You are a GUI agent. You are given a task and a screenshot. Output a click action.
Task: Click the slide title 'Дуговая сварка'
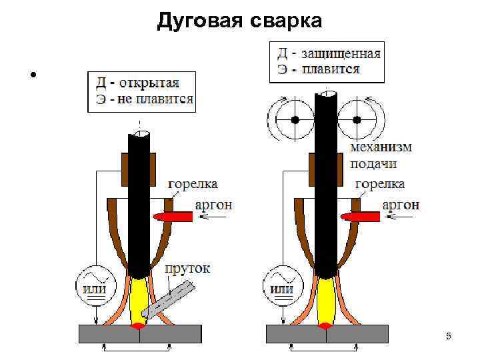pyautogui.click(x=239, y=21)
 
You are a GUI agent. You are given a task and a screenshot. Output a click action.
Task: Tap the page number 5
pyautogui.click(x=449, y=337)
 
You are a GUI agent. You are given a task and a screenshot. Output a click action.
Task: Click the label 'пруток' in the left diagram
pyautogui.click(x=187, y=268)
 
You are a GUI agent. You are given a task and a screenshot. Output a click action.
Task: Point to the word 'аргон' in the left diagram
pyautogui.click(x=213, y=205)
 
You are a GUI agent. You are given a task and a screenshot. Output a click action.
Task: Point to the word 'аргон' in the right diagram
pyautogui.click(x=401, y=205)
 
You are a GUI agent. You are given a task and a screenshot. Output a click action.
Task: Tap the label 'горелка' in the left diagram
pyautogui.click(x=192, y=183)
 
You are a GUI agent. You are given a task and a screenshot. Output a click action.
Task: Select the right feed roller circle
pyautogui.click(x=357, y=120)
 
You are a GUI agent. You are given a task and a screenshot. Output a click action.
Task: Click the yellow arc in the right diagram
pyautogui.click(x=327, y=300)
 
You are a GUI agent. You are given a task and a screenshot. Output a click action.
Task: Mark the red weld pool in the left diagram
pyautogui.click(x=139, y=326)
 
